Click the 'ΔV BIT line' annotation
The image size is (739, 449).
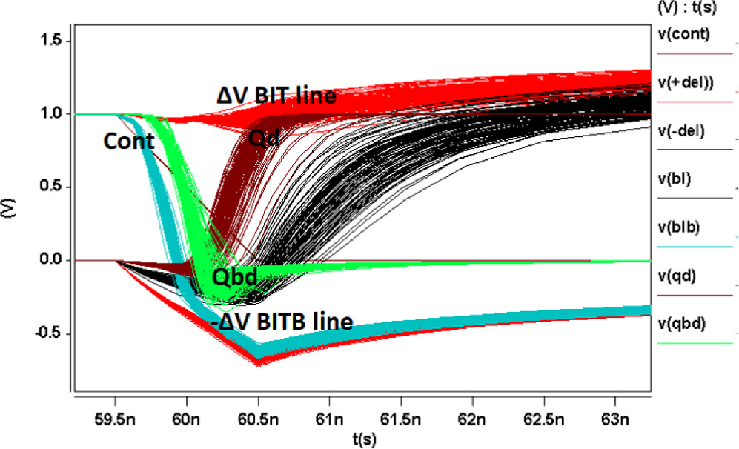point(276,96)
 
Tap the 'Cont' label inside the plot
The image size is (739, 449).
point(129,141)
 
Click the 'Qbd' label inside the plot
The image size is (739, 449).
point(234,276)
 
